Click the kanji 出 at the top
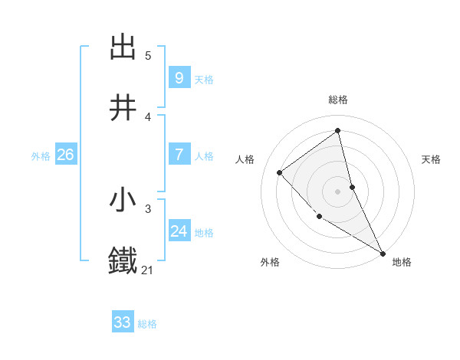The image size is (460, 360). click(x=123, y=47)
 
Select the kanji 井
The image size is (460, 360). click(x=123, y=108)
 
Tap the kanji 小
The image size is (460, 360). click(x=123, y=200)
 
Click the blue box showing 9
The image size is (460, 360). click(x=179, y=78)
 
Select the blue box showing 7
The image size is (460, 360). click(x=179, y=155)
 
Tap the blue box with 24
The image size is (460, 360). click(x=179, y=231)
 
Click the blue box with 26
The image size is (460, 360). click(x=65, y=155)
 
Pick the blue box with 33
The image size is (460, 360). click(x=123, y=322)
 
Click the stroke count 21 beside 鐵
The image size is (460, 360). click(x=148, y=270)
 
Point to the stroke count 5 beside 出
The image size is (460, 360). click(x=148, y=55)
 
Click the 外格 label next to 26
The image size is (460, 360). click(x=41, y=155)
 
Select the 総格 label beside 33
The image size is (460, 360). click(x=147, y=324)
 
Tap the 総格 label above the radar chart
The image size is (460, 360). click(x=338, y=100)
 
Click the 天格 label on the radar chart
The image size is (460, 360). click(x=432, y=159)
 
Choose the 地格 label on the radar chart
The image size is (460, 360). click(x=402, y=262)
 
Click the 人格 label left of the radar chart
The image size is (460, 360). click(x=245, y=159)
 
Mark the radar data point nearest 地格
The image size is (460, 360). click(x=383, y=252)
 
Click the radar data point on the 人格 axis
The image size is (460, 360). click(x=280, y=172)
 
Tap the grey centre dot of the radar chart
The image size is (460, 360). click(x=338, y=191)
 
